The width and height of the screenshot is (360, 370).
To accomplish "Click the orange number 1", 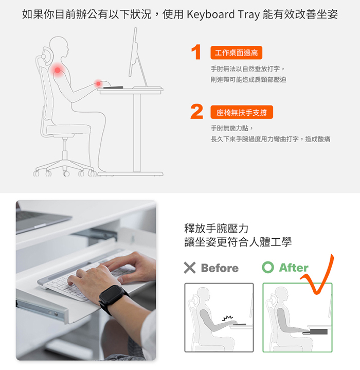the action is click(x=196, y=52).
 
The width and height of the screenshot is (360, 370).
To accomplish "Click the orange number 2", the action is click(x=196, y=111).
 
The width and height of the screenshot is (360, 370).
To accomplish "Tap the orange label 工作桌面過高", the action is click(x=236, y=52).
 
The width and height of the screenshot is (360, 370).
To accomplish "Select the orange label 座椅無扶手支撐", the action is click(x=242, y=112).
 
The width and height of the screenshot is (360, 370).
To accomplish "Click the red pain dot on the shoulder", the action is click(x=57, y=70).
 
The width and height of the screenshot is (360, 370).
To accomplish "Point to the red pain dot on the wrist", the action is click(x=98, y=83).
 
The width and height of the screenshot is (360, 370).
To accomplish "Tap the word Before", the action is click(x=220, y=268).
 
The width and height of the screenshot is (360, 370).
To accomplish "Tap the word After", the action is click(x=294, y=268).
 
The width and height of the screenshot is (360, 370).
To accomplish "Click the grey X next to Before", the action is click(x=190, y=268).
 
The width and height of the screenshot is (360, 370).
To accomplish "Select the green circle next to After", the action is click(x=268, y=268).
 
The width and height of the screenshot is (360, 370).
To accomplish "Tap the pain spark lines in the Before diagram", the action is click(x=227, y=318).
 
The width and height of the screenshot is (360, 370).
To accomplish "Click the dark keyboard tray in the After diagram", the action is click(x=315, y=332).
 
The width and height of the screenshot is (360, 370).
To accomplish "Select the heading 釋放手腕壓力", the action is click(x=216, y=228).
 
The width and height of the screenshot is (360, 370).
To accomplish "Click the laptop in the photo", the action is click(x=40, y=220).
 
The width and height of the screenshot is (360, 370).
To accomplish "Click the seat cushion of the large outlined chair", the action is click(x=68, y=130).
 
